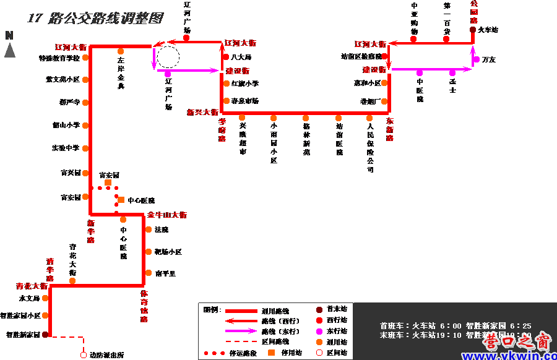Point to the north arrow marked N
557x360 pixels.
[9, 45]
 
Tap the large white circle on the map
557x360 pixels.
[168, 58]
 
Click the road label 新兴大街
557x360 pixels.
[202, 113]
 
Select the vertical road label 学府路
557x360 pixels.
[222, 131]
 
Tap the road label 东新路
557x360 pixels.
[390, 130]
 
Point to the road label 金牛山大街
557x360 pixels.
[167, 215]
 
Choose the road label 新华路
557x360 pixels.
[91, 231]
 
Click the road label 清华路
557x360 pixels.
[50, 270]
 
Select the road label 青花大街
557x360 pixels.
[32, 286]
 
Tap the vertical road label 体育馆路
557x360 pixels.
[144, 306]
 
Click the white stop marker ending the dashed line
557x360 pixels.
[84, 355]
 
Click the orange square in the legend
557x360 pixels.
[271, 353]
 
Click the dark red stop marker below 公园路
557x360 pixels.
[473, 30]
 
